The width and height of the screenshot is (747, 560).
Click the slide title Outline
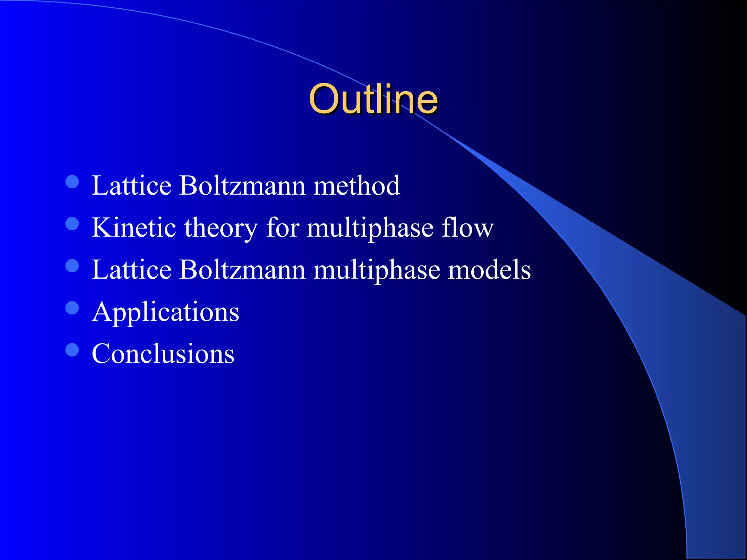click(373, 99)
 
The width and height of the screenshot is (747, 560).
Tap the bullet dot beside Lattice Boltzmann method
click(72, 182)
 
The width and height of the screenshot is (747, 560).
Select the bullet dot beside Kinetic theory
click(72, 224)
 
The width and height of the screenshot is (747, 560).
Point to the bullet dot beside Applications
click(72, 308)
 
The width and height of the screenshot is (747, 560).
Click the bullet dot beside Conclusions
click(72, 350)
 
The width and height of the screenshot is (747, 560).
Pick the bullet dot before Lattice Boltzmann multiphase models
click(72, 266)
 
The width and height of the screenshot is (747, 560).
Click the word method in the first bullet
click(356, 186)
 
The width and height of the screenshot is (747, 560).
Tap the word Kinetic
click(134, 227)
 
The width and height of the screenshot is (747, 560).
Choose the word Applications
click(166, 312)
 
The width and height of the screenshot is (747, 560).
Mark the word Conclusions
click(163, 354)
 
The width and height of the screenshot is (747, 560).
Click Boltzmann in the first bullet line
click(242, 186)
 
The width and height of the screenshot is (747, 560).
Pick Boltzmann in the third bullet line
click(242, 270)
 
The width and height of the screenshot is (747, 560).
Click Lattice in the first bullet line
click(131, 186)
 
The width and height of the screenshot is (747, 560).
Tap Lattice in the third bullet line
click(131, 270)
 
